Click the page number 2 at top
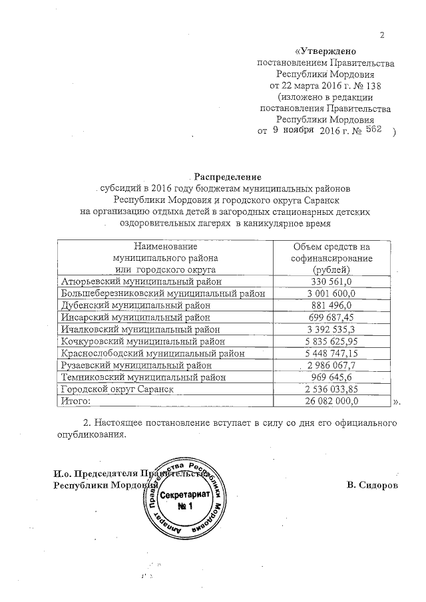pyautogui.click(x=382, y=35)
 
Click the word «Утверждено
pyautogui.click(x=326, y=51)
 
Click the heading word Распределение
pyautogui.click(x=228, y=177)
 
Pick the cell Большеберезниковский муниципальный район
pyautogui.click(x=163, y=293)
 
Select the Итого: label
pyautogui.click(x=75, y=401)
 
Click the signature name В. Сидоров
pyautogui.click(x=373, y=484)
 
